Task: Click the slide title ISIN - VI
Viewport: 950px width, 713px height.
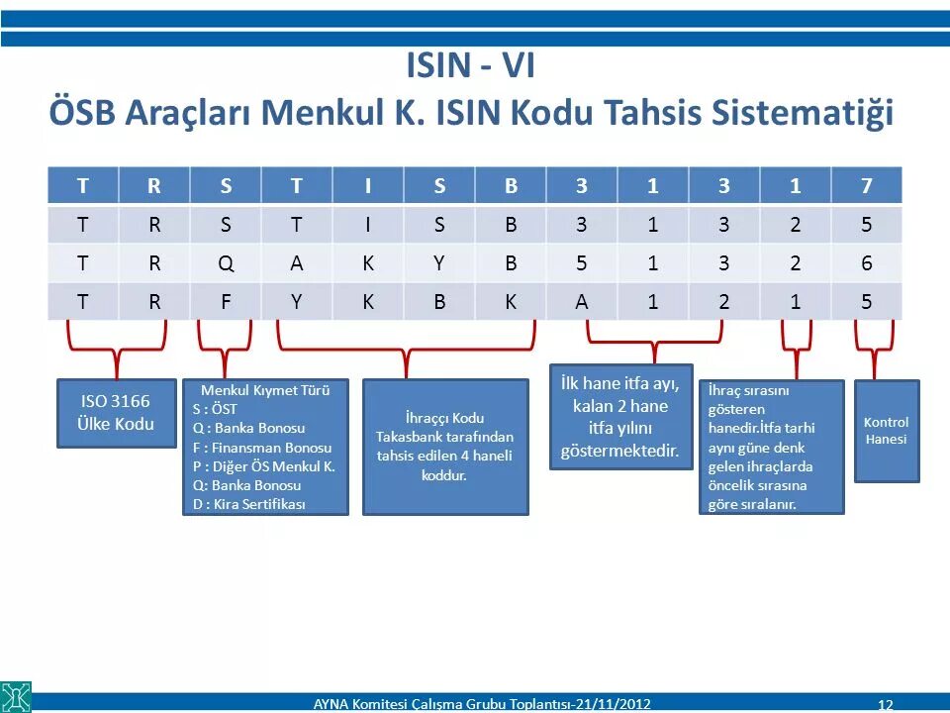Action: pos(470,66)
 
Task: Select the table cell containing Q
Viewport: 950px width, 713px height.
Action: pos(227,263)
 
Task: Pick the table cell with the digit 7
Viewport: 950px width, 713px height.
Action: pos(867,185)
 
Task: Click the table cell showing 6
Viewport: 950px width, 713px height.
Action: pos(867,263)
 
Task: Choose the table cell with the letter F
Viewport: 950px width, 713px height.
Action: pos(227,302)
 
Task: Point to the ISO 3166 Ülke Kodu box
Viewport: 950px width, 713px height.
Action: pos(116,412)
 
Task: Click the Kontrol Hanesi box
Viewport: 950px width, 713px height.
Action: pos(886,431)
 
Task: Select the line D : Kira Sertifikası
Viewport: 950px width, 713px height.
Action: pos(249,503)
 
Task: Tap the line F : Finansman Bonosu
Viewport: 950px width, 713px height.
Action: pos(262,447)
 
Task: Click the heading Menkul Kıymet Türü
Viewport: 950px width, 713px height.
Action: pos(272,390)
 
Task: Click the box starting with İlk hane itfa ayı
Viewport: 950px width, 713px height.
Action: pos(620,417)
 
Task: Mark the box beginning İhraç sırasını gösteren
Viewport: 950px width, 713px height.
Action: pos(771,447)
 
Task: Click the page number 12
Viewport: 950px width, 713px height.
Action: pos(885,704)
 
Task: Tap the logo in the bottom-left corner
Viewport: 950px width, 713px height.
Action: pos(16,696)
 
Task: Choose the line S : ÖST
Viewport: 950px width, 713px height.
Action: pos(216,409)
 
